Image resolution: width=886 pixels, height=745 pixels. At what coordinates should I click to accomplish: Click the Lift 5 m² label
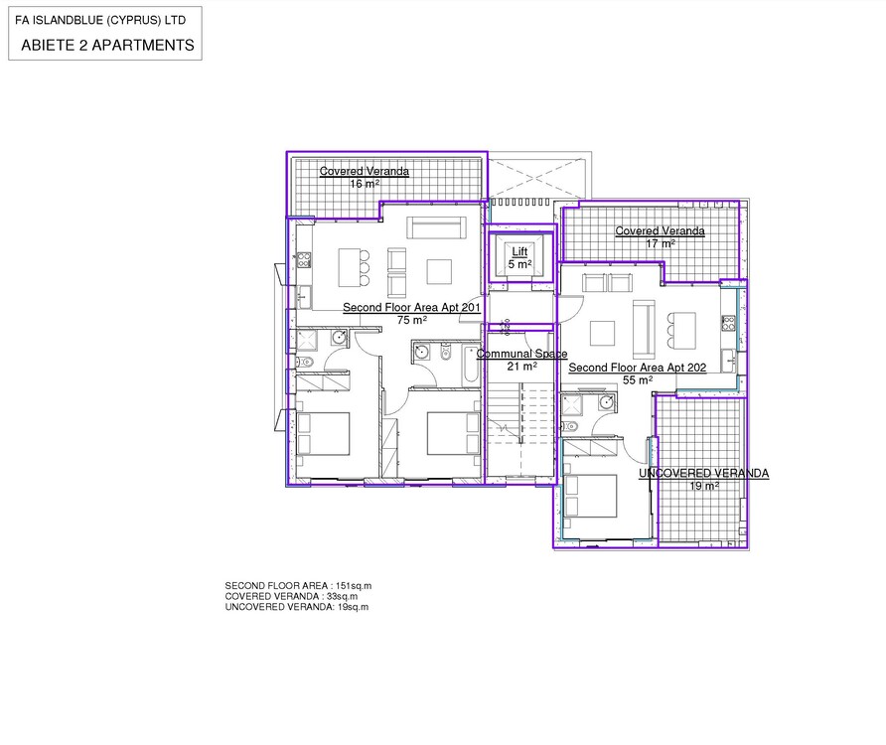coord(519,257)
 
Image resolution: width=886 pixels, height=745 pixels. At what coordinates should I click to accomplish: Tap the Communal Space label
coord(521,354)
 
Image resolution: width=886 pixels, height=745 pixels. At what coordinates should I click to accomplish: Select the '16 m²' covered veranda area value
coord(364,184)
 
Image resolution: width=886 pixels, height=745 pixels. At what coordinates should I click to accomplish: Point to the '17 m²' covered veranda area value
coord(660,243)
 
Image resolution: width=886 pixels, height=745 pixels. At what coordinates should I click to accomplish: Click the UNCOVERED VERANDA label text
coord(703,473)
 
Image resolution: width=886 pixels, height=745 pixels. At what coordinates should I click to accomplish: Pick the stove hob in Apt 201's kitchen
coord(304,260)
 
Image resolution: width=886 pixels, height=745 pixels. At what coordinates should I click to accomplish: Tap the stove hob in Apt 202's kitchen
coord(728,323)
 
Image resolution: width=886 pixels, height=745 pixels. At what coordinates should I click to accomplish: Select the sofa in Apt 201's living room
coord(436,227)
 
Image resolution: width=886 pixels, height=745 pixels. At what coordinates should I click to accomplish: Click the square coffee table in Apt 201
coord(439,271)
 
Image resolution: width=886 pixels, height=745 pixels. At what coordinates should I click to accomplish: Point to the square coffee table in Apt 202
coord(602,333)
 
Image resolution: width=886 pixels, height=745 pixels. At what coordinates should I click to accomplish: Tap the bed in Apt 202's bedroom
coord(590,496)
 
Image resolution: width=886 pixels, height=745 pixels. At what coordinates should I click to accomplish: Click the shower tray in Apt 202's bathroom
coord(571,405)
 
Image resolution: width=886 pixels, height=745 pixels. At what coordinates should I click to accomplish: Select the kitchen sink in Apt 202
coord(728,361)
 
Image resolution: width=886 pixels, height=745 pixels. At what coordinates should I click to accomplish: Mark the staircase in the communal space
coord(519,429)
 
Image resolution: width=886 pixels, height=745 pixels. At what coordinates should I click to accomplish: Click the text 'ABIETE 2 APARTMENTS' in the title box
coord(107,46)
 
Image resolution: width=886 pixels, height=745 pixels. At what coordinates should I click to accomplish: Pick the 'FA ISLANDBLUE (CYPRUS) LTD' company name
coord(100,20)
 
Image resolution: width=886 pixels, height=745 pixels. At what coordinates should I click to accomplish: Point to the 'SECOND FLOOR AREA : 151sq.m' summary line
coord(298,586)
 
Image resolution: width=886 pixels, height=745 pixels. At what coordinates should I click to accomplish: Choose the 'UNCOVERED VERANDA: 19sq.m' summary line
coord(297,607)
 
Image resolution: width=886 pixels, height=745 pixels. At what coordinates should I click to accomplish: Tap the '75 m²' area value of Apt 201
coord(411,320)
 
